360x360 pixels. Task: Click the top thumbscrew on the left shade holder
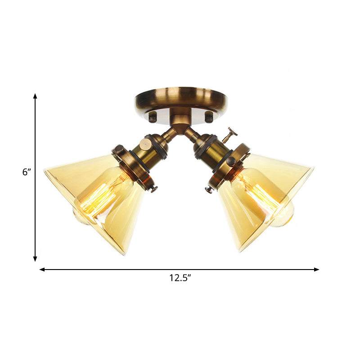point(118,149)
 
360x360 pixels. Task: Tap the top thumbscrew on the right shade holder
point(230,161)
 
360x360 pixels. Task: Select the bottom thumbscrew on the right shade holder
point(208,189)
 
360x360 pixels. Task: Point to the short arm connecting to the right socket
point(192,134)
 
